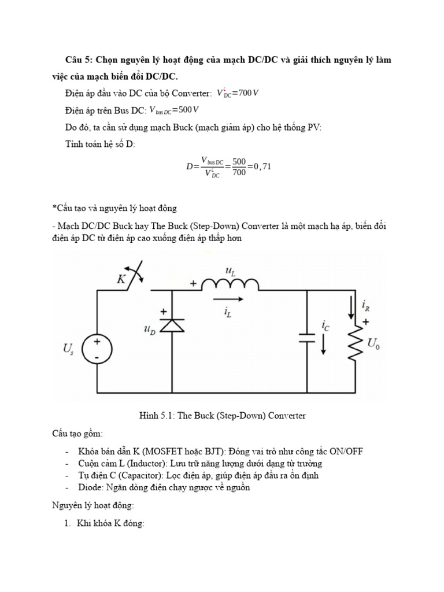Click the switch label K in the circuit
(x=122, y=280)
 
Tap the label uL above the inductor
(x=230, y=269)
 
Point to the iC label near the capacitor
(x=325, y=326)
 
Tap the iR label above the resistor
(x=365, y=304)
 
